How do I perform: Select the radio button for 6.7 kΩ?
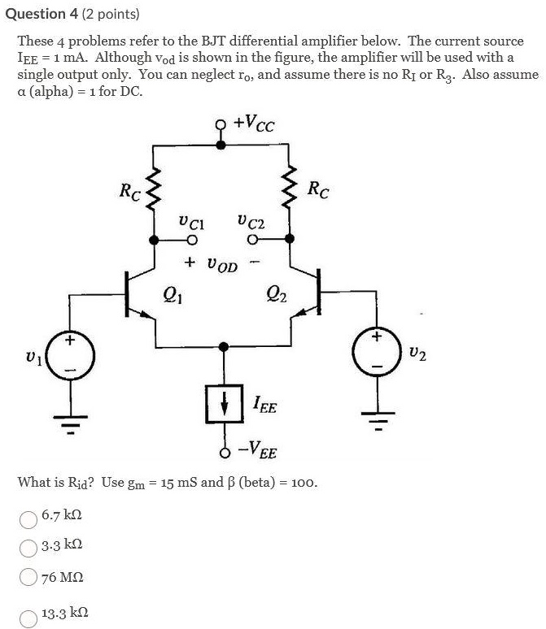pyautogui.click(x=28, y=518)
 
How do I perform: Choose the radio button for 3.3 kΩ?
pyautogui.click(x=28, y=548)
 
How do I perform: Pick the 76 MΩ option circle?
pyautogui.click(x=28, y=578)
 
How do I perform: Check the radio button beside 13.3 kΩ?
pyautogui.click(x=28, y=617)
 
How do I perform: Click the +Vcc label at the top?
pyautogui.click(x=253, y=124)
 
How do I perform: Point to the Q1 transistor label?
pyautogui.click(x=173, y=293)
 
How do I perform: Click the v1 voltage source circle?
pyautogui.click(x=71, y=355)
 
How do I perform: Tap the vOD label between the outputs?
pyautogui.click(x=222, y=264)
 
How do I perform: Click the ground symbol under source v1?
pyautogui.click(x=71, y=423)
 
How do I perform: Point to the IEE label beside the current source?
pyautogui.click(x=264, y=404)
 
